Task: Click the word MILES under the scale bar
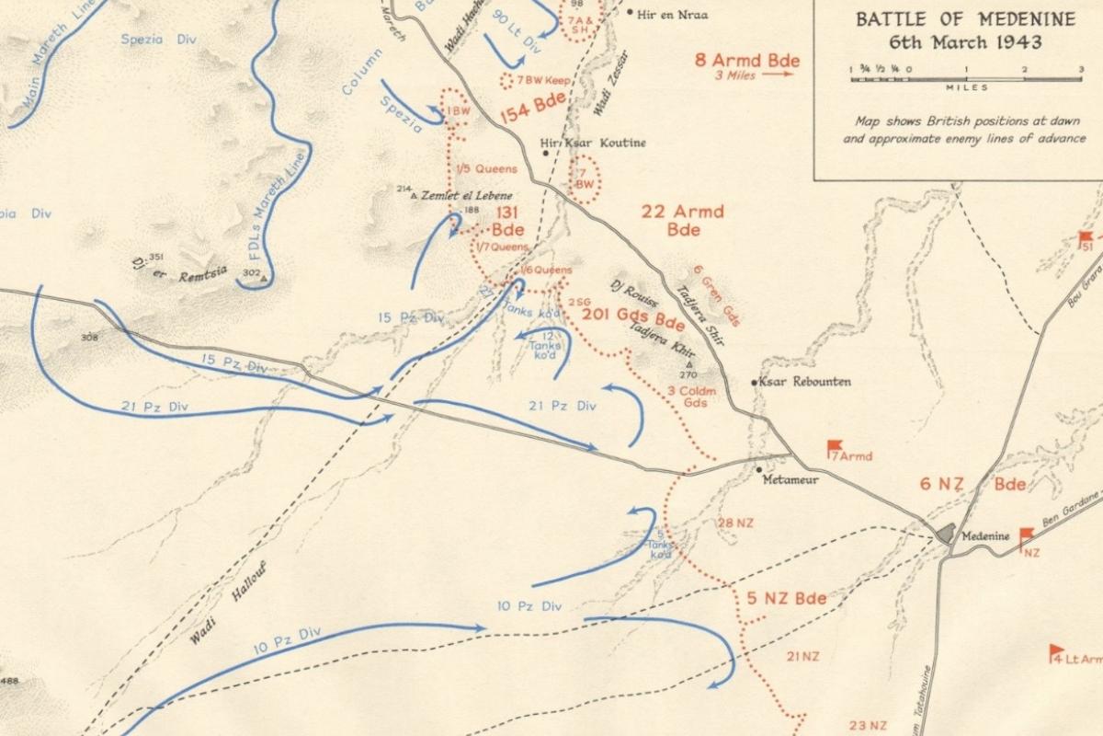[966, 88]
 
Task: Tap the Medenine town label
[985, 535]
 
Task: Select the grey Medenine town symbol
[946, 534]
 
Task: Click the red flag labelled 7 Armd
[835, 447]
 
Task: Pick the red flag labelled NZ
[1026, 536]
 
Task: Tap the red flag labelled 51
[1086, 238]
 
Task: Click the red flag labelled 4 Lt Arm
[1057, 651]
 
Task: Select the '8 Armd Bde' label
[747, 61]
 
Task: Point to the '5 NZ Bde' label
[786, 598]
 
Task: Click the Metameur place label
[792, 479]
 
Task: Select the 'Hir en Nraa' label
[673, 14]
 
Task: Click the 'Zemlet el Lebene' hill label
[466, 196]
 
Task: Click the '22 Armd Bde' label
[682, 219]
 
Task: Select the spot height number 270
[688, 374]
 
